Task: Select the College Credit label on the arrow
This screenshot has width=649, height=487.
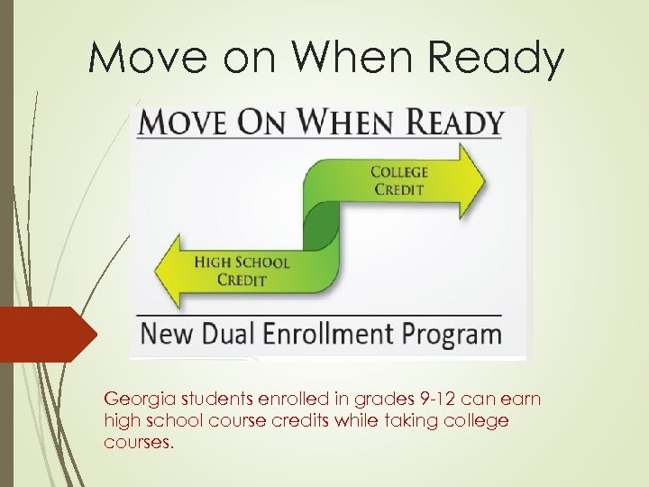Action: [x=400, y=180]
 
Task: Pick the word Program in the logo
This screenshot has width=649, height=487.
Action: [x=448, y=335]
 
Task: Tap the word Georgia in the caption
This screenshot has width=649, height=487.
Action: [x=134, y=399]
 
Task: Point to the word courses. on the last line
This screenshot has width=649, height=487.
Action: [x=136, y=442]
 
